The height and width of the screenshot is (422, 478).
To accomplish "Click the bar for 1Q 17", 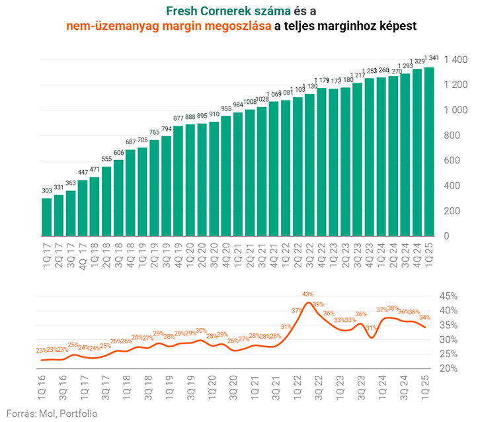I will point(47,217).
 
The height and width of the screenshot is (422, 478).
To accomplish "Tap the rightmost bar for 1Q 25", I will point(428,151).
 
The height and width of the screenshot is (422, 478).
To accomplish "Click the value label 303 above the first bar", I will point(47,191).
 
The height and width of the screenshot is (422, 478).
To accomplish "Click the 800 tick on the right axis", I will point(456,136).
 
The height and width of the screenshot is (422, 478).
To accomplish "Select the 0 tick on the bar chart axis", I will point(448,236).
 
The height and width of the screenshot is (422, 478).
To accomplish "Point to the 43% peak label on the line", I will point(308,294).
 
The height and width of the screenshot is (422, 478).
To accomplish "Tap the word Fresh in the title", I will point(182,11).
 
